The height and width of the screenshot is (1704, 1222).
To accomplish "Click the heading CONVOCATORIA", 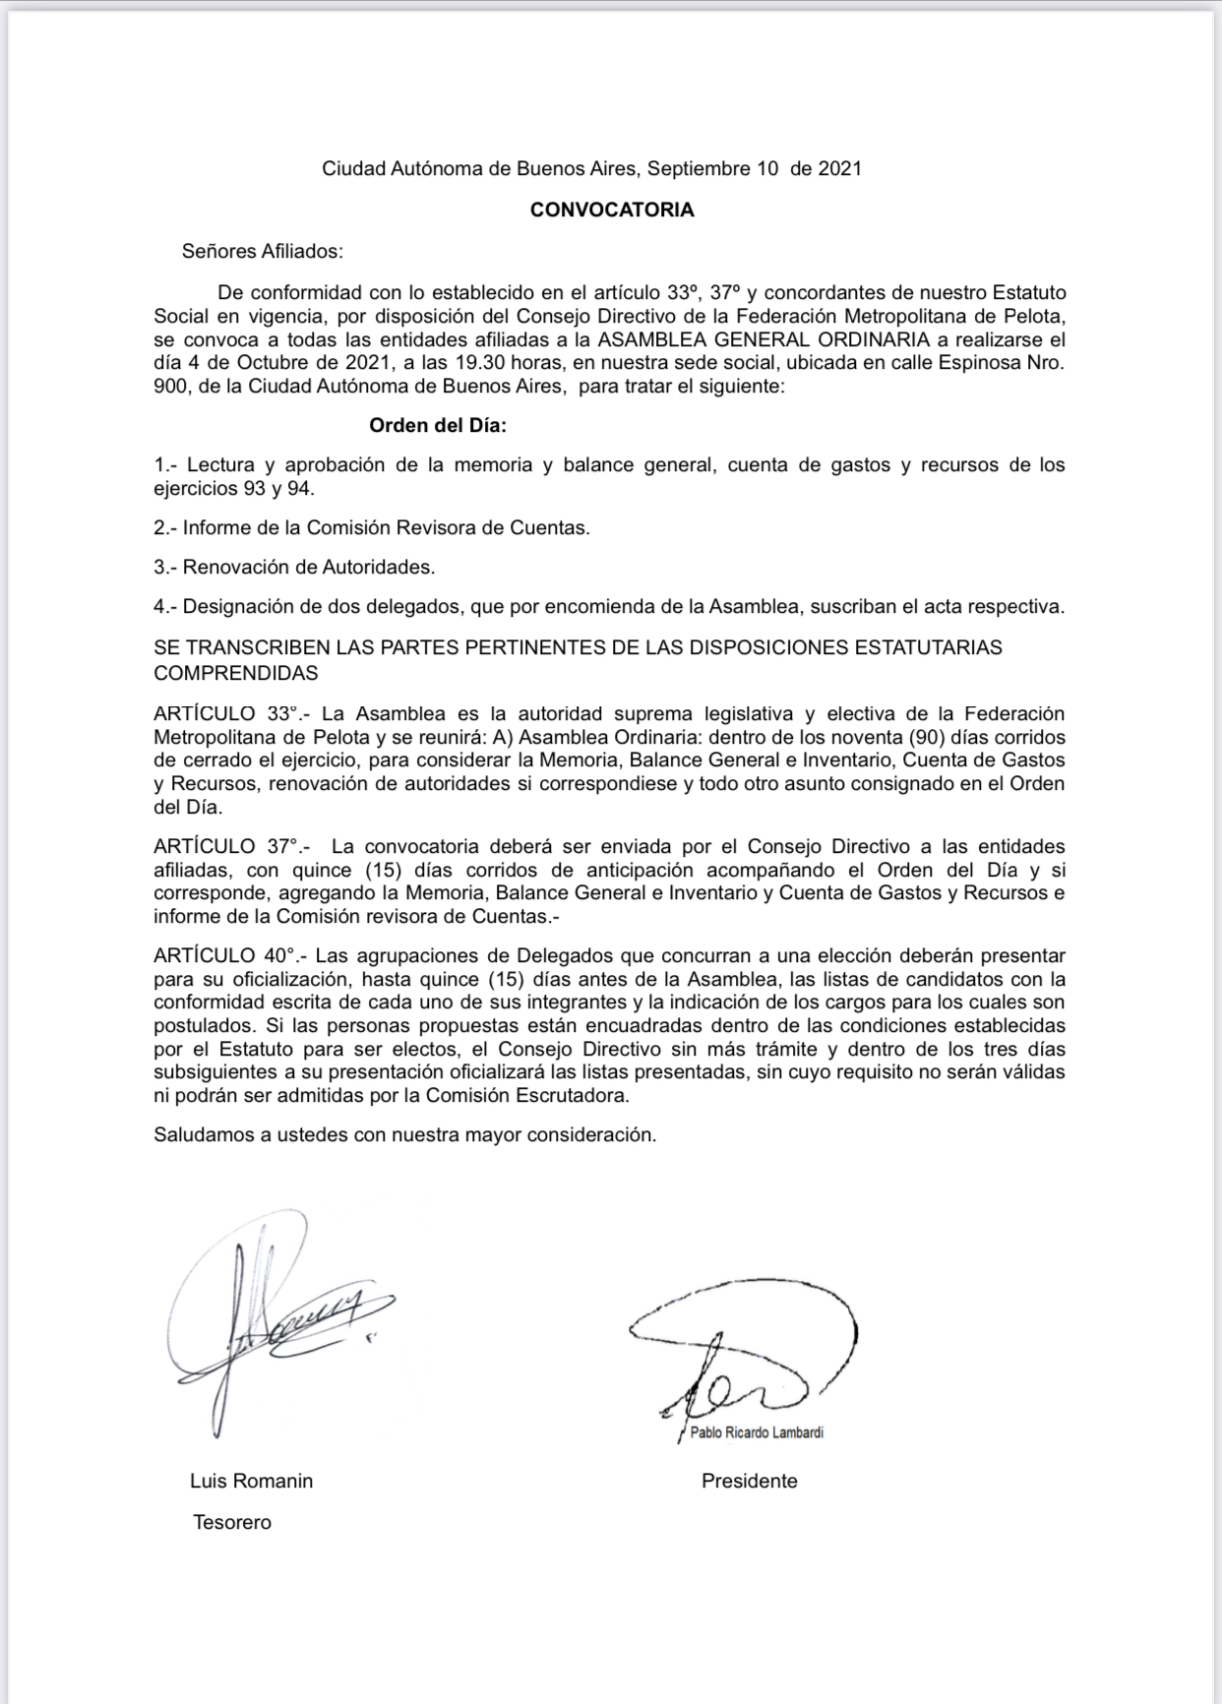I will [611, 210].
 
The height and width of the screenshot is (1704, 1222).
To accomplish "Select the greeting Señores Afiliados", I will [262, 251].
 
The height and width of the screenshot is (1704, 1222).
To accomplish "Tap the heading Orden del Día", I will [437, 425].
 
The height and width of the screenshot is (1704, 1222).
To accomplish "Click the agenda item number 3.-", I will [165, 567].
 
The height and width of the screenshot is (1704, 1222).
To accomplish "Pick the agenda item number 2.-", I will [165, 527].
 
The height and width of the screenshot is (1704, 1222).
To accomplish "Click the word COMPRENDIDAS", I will [236, 673].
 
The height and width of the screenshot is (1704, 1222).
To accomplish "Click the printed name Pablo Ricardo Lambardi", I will [757, 1432].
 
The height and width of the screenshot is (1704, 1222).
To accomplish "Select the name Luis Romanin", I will [251, 1481].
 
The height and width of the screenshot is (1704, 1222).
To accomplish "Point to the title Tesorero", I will [232, 1522].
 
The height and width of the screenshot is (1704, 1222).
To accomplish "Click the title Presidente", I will [749, 1481].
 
